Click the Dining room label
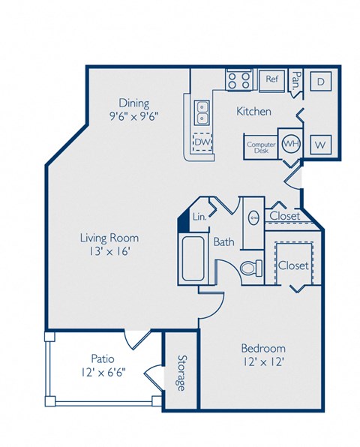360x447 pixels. pos(133,103)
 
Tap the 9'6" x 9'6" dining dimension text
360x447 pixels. pos(133,116)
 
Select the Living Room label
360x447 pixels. pos(109,238)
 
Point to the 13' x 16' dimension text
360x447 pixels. pos(109,252)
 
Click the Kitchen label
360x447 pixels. pos(253,112)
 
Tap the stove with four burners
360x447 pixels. pos(240,79)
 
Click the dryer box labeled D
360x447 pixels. pos(319,82)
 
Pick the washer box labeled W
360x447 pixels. pos(319,142)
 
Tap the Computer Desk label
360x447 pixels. pos(261,146)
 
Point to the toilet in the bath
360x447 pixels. pos(250,266)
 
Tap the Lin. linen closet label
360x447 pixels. pos(199,216)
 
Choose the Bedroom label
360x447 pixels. pos(262,349)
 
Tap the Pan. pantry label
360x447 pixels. pos(296,79)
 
